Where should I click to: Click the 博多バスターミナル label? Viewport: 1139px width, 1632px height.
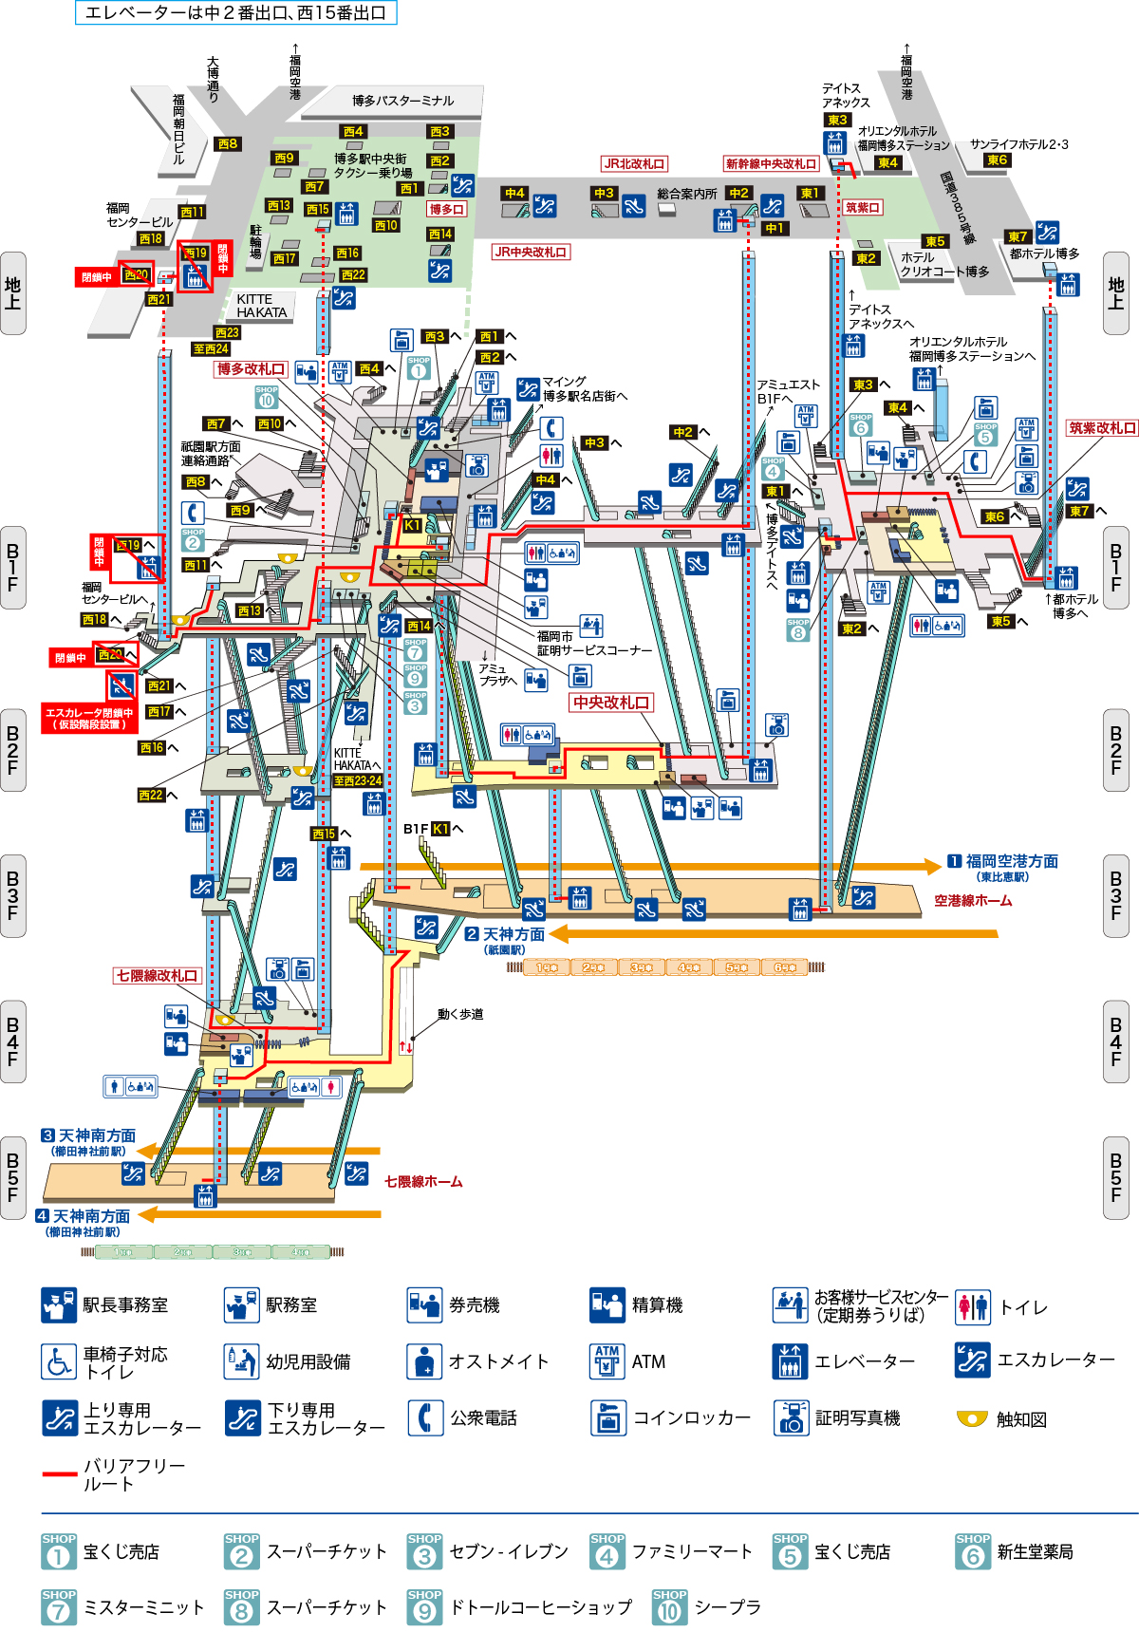coord(402,101)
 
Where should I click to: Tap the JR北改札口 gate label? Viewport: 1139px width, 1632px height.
coord(634,164)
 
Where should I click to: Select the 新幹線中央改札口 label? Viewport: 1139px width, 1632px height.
coord(771,164)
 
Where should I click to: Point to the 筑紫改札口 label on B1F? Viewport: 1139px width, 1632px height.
coord(1102,428)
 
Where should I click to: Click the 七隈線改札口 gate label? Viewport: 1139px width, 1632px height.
coord(158,976)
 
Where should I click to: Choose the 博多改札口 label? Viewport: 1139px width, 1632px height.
coord(251,369)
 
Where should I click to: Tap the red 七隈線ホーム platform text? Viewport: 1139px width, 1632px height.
coord(423,1182)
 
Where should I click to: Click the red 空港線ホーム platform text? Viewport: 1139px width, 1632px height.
coord(973,901)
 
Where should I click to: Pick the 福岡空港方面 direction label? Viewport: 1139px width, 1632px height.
coord(1012,862)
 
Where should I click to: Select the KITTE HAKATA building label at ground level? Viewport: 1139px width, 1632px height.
coord(261,306)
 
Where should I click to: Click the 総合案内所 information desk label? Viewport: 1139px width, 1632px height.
coord(687,194)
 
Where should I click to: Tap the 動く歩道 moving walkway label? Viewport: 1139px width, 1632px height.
coord(460,1014)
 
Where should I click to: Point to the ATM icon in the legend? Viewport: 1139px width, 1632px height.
coord(607,1361)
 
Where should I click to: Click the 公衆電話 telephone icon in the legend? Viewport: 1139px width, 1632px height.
coord(425,1418)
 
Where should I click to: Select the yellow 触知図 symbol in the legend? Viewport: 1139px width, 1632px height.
coord(972,1418)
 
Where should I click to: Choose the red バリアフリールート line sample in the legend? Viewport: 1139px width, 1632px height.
coord(59,1474)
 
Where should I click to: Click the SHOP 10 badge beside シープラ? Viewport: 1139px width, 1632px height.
coord(670,1607)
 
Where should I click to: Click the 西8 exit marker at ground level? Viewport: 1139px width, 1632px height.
coord(228,144)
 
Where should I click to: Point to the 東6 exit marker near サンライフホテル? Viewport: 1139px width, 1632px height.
coord(997,160)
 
